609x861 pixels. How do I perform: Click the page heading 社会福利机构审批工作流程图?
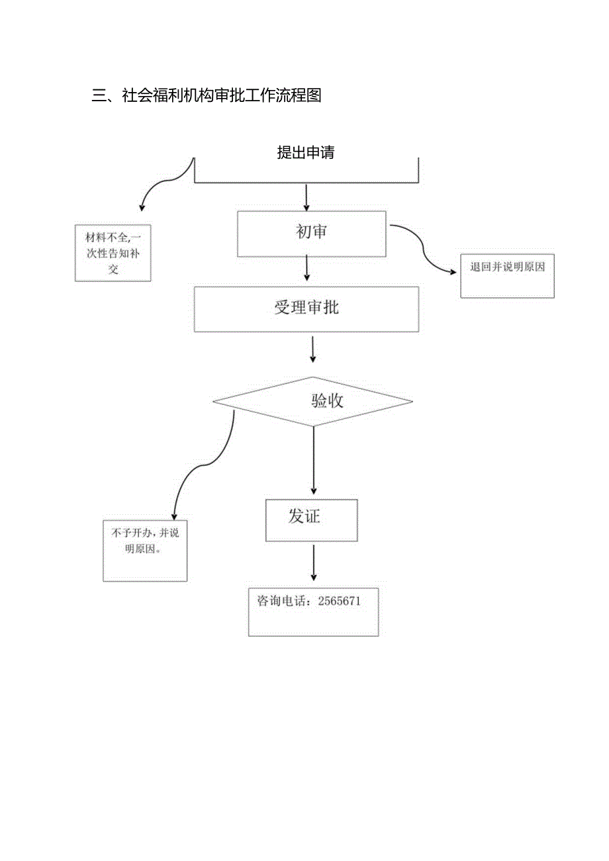pyautogui.click(x=221, y=96)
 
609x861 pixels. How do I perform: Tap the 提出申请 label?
pyautogui.click(x=306, y=153)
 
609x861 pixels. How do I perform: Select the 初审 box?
pyautogui.click(x=311, y=233)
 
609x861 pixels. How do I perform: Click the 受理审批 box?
pyautogui.click(x=306, y=308)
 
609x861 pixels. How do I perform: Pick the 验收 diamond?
pyautogui.click(x=313, y=401)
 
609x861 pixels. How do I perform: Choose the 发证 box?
pyautogui.click(x=311, y=520)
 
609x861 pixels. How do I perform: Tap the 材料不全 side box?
pyautogui.click(x=113, y=253)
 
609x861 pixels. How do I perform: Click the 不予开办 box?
pyautogui.click(x=145, y=551)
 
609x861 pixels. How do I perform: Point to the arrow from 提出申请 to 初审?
pyautogui.click(x=306, y=197)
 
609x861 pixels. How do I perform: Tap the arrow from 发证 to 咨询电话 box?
pyautogui.click(x=313, y=563)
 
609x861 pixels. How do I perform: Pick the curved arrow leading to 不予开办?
pyautogui.click(x=199, y=467)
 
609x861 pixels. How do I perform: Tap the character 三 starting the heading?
pyautogui.click(x=99, y=96)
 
